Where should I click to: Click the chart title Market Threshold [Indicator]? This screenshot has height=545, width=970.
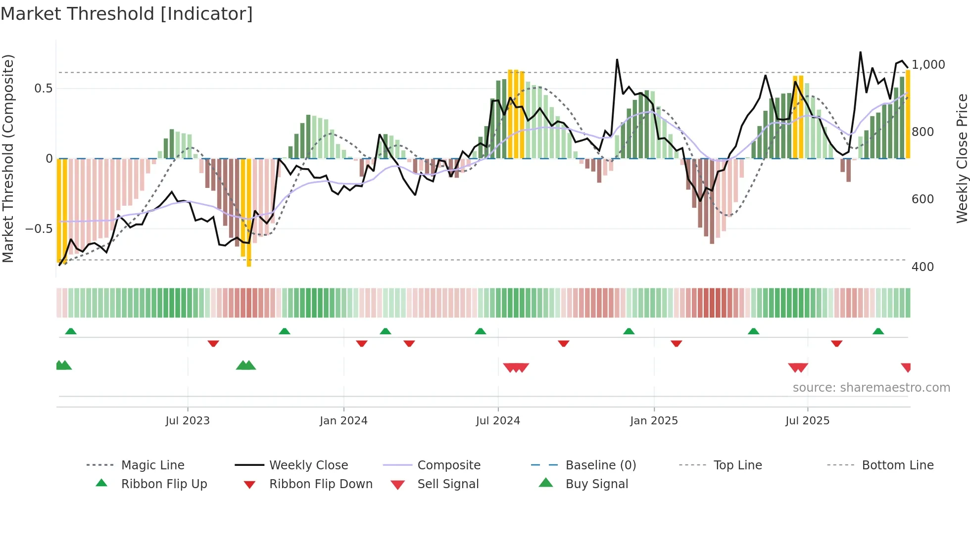(127, 14)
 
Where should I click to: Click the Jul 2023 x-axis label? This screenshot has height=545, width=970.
(188, 421)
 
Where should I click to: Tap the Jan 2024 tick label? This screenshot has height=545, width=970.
(343, 421)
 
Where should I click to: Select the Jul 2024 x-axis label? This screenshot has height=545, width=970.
(498, 421)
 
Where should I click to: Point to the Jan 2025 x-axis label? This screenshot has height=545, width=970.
(654, 421)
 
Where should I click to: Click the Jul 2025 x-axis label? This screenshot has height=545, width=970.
(807, 421)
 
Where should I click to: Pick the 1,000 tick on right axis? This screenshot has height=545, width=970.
(928, 65)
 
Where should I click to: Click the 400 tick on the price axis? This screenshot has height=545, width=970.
(922, 267)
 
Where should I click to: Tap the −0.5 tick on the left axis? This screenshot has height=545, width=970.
(39, 229)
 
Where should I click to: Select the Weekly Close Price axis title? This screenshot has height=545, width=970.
(962, 158)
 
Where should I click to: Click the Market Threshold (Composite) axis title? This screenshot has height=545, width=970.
(8, 158)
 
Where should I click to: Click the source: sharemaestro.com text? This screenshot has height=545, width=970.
(871, 388)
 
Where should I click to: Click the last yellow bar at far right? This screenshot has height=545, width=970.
(908, 114)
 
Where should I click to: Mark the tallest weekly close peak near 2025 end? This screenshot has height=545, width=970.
(860, 52)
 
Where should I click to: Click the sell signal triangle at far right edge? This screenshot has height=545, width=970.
(906, 367)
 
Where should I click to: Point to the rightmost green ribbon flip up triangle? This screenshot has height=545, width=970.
(878, 331)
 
